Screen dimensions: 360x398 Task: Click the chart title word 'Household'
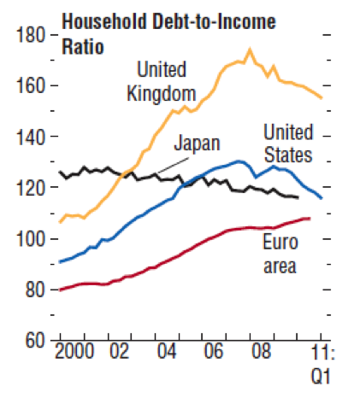pos(104,21)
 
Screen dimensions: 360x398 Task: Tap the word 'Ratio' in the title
pos(83,47)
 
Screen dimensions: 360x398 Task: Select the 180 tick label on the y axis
pos(31,35)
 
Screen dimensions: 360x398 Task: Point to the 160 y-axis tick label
pos(31,85)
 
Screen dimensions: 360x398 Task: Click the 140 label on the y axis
pos(31,136)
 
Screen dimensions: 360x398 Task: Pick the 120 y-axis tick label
pos(31,187)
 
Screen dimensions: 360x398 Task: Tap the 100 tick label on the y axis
pos(31,238)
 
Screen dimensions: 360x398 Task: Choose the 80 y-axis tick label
pos(35,290)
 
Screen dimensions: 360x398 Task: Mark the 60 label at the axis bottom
pos(35,340)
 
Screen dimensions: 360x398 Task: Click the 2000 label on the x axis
pos(74,351)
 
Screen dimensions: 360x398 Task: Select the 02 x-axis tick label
pos(120,351)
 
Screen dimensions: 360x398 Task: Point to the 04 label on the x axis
pos(167,351)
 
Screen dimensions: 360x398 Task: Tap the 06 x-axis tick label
pos(214,351)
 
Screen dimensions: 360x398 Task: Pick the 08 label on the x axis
pos(262,351)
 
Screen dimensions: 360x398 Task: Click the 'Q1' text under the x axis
pos(321,377)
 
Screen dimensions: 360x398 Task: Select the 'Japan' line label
pos(197,143)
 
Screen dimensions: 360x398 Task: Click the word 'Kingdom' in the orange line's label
pos(162,94)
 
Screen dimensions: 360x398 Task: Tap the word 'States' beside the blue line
pos(288,155)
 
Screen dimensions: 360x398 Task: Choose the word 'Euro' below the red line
pos(280,242)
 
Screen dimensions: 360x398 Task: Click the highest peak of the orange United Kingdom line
pos(250,50)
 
